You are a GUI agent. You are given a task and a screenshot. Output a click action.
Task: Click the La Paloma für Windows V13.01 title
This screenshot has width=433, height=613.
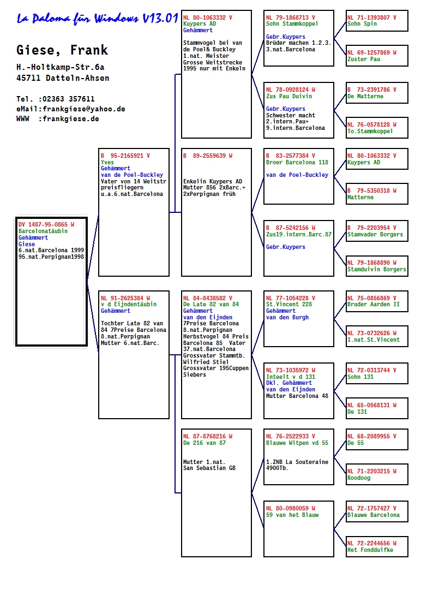(x=97, y=18)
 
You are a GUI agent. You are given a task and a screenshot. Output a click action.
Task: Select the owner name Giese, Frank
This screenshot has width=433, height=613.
(x=62, y=50)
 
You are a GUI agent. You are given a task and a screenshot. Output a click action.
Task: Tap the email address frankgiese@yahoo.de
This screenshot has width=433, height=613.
(x=84, y=109)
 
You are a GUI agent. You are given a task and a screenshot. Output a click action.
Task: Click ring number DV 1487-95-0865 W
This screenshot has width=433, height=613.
(x=46, y=224)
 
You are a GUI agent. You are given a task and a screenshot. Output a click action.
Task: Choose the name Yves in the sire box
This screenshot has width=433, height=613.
(x=107, y=162)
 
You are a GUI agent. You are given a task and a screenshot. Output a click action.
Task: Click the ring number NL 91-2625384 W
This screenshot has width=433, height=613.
(x=125, y=298)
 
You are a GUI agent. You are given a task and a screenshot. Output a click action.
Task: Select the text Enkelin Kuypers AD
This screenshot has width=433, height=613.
(x=213, y=181)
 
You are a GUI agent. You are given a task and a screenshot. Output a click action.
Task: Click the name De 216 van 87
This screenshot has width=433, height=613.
(x=204, y=443)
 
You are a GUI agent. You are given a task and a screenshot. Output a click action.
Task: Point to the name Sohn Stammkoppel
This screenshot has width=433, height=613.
(x=292, y=24)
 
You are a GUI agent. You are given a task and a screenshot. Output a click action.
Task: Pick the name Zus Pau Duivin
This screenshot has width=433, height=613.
(x=289, y=96)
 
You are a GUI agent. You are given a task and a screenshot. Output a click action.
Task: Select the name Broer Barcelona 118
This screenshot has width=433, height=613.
(x=297, y=162)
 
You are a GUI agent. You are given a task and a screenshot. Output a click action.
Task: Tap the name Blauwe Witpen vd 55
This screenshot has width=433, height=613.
(x=297, y=443)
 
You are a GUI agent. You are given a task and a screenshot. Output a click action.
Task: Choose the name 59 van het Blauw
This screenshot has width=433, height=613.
(x=292, y=515)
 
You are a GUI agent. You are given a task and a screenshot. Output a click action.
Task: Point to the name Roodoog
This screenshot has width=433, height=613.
(x=359, y=478)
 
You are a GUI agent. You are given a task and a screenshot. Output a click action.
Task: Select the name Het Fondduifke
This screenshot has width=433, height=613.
(x=370, y=550)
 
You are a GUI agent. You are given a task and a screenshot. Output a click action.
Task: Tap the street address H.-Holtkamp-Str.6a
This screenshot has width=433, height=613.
(x=61, y=67)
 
